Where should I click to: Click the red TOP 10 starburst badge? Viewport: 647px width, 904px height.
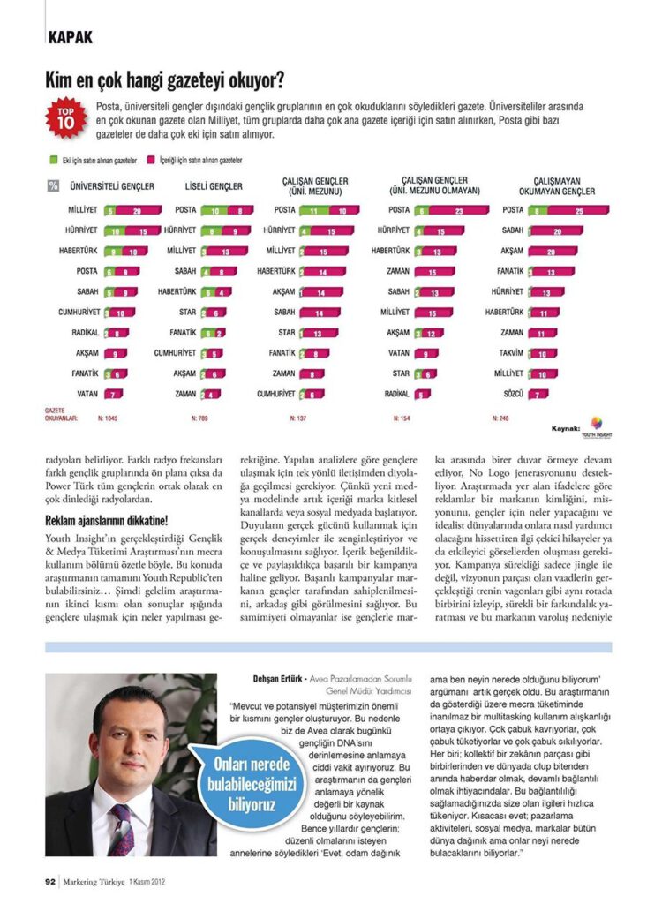pos(66,119)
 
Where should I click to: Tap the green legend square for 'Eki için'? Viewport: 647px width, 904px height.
pos(54,162)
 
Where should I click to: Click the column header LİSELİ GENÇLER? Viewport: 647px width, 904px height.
pos(214,187)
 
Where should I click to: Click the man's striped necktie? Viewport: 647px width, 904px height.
pos(122,829)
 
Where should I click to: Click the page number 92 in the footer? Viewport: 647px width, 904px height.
pos(51,879)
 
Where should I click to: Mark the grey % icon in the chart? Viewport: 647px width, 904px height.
pos(54,186)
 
